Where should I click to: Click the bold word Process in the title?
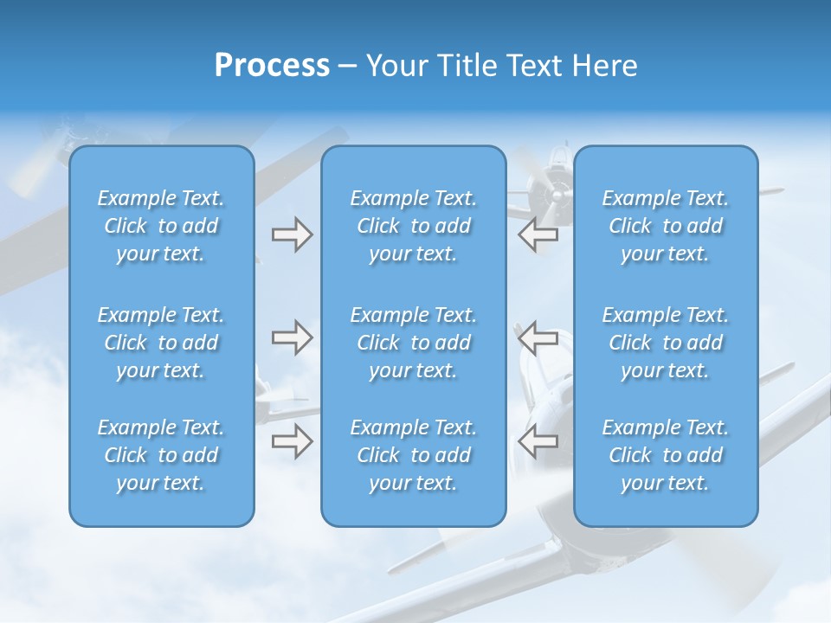click(x=272, y=66)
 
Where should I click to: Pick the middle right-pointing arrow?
click(x=292, y=337)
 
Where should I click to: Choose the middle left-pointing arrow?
click(x=538, y=337)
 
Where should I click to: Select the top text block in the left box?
click(x=161, y=226)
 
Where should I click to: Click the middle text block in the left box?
click(x=161, y=343)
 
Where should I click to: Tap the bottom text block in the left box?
click(x=161, y=455)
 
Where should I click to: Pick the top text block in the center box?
click(x=413, y=226)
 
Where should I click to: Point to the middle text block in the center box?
click(x=413, y=343)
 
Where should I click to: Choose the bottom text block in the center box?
click(x=413, y=455)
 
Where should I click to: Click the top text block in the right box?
click(x=665, y=226)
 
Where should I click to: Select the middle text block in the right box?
click(x=665, y=343)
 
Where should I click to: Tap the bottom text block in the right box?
click(x=665, y=455)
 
